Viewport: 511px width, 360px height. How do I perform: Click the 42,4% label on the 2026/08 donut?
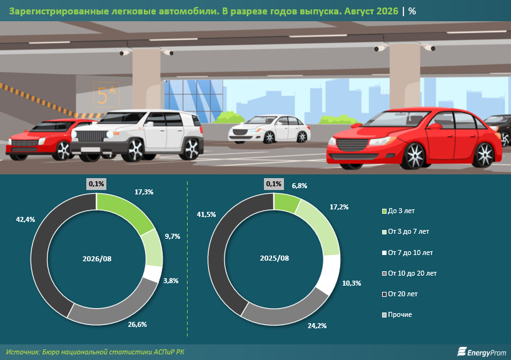tap(26, 219)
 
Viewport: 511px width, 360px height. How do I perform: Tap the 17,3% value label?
tap(144, 192)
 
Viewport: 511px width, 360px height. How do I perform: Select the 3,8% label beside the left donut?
tap(171, 281)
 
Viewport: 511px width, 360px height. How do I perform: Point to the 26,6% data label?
tap(137, 324)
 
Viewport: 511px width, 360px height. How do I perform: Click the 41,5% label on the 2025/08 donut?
tap(206, 214)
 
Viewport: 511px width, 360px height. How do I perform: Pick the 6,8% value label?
tap(300, 186)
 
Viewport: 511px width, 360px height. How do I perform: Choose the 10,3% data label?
tap(352, 284)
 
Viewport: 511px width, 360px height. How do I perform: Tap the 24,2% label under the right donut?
tap(316, 326)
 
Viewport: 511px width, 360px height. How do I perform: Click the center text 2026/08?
tap(97, 259)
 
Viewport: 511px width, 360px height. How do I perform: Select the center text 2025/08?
tap(275, 258)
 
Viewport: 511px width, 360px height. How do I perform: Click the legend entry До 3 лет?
tap(398, 211)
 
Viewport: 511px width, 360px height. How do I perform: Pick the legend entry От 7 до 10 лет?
tap(407, 252)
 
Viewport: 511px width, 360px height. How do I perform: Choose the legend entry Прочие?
tap(397, 314)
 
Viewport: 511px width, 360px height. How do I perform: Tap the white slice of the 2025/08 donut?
tap(329, 274)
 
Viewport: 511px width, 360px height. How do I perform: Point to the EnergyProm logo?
tap(482, 352)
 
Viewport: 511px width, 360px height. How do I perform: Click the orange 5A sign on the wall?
tap(106, 94)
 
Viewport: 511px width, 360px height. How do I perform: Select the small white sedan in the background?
tap(269, 129)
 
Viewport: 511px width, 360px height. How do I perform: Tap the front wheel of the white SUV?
tap(134, 150)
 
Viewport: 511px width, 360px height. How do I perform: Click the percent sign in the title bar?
tap(412, 11)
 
